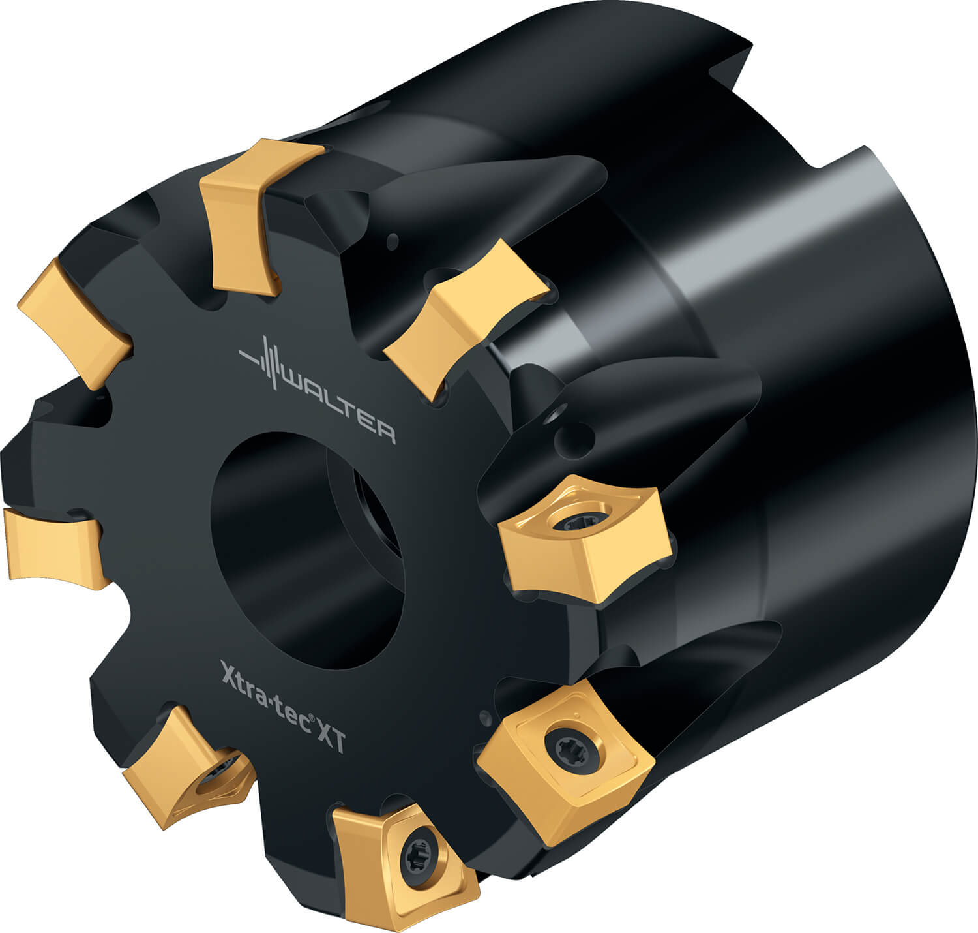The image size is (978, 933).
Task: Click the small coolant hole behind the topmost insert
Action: tap(393, 241)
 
